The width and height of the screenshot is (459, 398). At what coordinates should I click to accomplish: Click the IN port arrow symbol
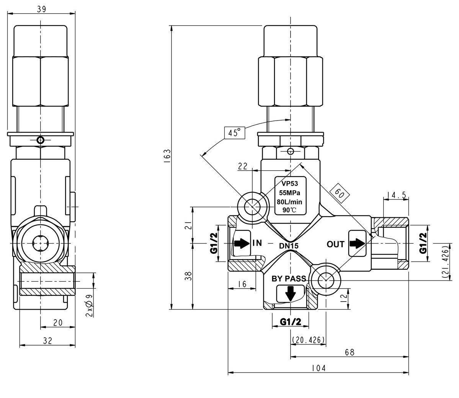pos(241,243)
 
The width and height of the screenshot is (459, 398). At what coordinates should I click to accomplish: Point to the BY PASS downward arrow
pos(290,293)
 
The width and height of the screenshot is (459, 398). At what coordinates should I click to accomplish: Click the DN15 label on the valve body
pos(289,246)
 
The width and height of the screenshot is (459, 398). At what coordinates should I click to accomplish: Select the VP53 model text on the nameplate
pos(290,183)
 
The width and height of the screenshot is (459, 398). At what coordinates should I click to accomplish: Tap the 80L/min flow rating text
pos(290,202)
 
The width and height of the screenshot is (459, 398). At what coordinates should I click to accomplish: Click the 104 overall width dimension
pos(318,368)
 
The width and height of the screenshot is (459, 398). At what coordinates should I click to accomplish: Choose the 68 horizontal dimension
pos(349,352)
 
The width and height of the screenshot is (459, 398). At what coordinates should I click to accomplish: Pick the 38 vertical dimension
pos(188,276)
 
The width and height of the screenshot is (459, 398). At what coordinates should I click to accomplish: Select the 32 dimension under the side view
pos(47,340)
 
